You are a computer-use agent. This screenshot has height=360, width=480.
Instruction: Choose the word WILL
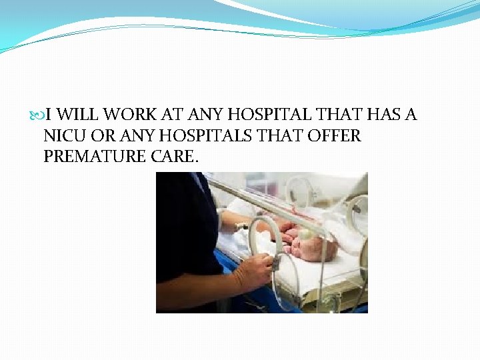(x=75, y=115)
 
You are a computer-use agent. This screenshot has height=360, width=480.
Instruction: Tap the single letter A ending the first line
(x=409, y=115)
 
